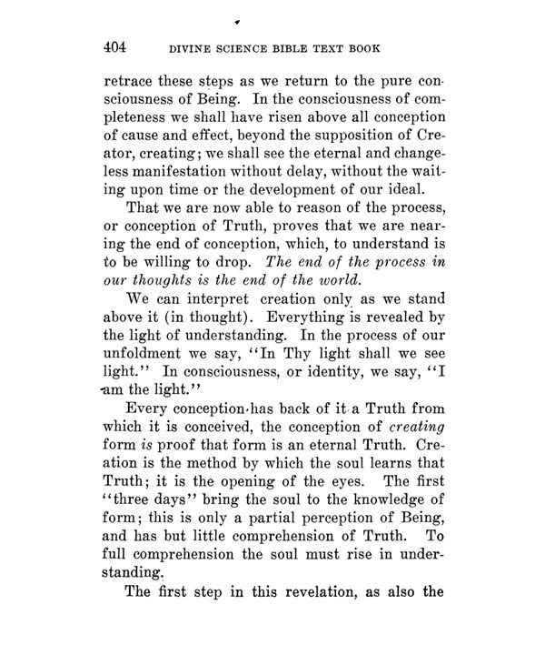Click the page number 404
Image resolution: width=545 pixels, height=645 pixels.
click(x=118, y=47)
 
